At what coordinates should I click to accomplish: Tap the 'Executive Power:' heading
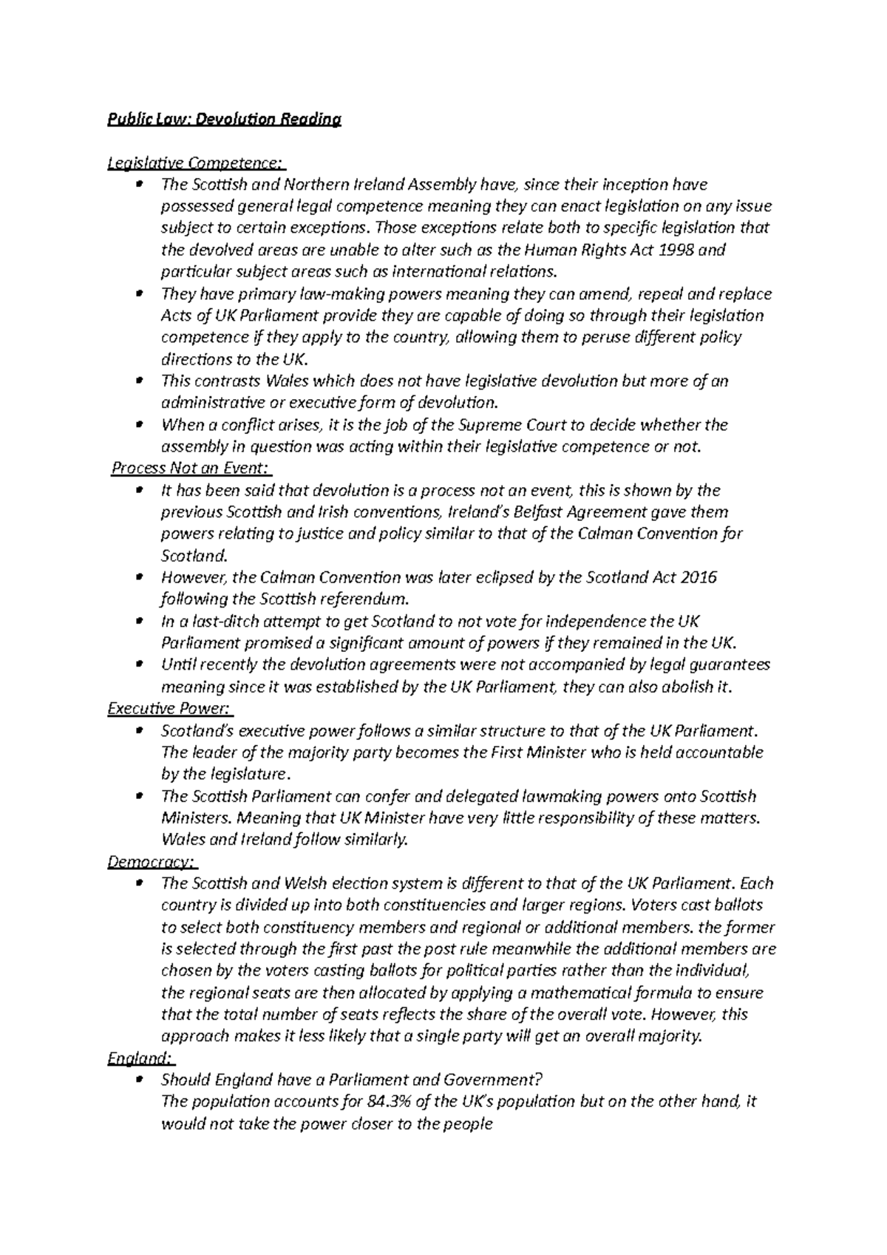click(170, 709)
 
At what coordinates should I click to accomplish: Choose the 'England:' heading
click(140, 1058)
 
